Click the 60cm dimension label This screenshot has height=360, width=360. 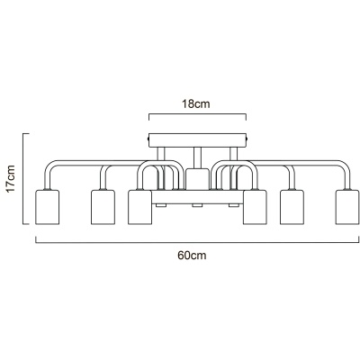(192, 256)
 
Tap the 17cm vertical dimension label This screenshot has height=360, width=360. (11, 179)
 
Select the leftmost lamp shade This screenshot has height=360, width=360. (48, 207)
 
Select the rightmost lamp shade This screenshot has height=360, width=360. (347, 207)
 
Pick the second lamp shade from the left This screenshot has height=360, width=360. (103, 207)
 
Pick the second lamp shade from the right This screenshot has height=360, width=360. (292, 207)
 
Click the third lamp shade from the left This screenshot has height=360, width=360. (139, 207)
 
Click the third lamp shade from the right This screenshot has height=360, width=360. (255, 207)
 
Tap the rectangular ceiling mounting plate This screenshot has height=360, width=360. (197, 140)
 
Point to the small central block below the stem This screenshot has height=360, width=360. (197, 179)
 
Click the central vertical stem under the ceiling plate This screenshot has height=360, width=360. (197, 157)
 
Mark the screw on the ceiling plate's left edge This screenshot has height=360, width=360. (148, 139)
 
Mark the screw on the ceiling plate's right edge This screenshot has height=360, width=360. (247, 139)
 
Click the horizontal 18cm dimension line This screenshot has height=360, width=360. (197, 114)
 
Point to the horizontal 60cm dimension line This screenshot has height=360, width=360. (197, 242)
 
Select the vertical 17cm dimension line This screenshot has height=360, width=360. (23, 179)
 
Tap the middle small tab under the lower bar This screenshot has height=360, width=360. (197, 205)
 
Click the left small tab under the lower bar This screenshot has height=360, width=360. (161, 205)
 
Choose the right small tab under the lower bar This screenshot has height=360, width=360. (234, 205)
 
